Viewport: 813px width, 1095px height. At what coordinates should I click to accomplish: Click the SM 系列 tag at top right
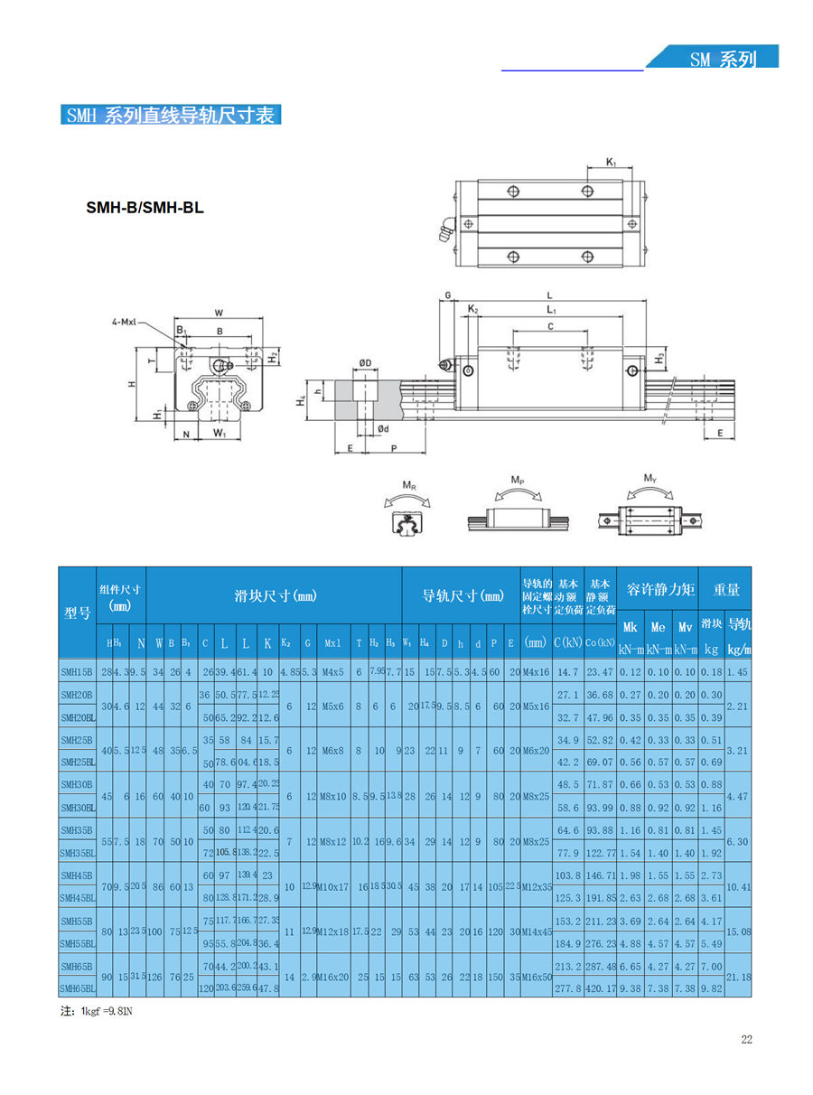[723, 60]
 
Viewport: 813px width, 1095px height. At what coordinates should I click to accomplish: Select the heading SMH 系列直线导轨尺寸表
[172, 116]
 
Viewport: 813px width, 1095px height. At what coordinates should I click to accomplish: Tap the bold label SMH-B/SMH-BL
[145, 208]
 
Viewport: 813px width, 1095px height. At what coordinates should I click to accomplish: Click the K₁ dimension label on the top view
[611, 162]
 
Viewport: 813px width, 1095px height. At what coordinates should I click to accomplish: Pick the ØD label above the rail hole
[365, 363]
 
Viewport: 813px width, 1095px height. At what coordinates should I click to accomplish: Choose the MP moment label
[518, 479]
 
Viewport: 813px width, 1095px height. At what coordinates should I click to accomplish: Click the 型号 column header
[78, 613]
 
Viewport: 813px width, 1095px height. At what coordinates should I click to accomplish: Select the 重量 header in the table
[726, 590]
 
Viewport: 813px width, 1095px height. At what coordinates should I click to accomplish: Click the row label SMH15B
[77, 672]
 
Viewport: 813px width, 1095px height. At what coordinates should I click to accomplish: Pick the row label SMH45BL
[78, 897]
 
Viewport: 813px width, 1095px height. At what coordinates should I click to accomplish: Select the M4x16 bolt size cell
[536, 672]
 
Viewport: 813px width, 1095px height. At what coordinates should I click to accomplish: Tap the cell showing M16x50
[536, 977]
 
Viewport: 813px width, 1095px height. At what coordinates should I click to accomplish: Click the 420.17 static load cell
[599, 988]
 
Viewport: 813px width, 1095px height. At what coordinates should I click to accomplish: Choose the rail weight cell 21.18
[739, 977]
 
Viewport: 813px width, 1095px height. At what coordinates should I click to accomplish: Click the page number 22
[746, 1039]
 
